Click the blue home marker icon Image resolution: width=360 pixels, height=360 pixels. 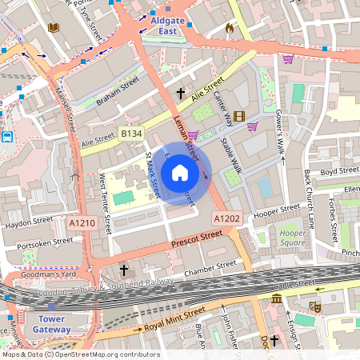tap(180, 173)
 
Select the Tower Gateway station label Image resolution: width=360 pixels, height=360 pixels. tap(51, 324)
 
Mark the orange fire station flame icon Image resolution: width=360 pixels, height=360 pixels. tap(230, 29)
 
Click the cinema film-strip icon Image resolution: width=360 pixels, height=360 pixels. tap(218, 117)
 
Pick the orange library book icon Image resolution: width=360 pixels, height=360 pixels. tap(54, 28)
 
